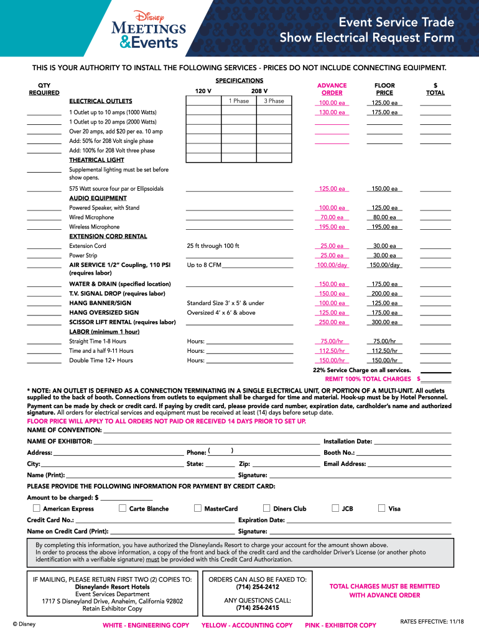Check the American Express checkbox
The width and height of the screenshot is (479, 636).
click(38, 509)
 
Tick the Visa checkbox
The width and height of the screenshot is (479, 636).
click(381, 509)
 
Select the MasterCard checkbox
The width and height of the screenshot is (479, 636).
click(198, 509)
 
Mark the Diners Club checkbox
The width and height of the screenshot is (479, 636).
click(267, 509)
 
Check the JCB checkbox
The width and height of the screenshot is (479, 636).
click(335, 509)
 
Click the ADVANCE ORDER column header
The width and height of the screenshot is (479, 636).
click(332, 89)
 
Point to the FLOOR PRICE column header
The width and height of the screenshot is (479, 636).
click(384, 89)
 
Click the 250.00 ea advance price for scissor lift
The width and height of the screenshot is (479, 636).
click(332, 322)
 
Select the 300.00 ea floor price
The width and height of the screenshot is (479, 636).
click(384, 322)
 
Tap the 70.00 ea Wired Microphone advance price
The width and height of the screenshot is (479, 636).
click(332, 217)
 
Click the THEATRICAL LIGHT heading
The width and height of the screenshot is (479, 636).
click(96, 160)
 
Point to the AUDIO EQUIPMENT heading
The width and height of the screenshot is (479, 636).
click(98, 198)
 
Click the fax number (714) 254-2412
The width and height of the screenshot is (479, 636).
click(258, 587)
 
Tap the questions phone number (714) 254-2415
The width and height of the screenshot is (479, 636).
click(258, 608)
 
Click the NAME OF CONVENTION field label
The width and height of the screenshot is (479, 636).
click(64, 430)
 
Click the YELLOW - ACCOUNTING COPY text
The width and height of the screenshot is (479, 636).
click(247, 625)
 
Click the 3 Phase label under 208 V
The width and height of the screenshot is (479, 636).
click(274, 101)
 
